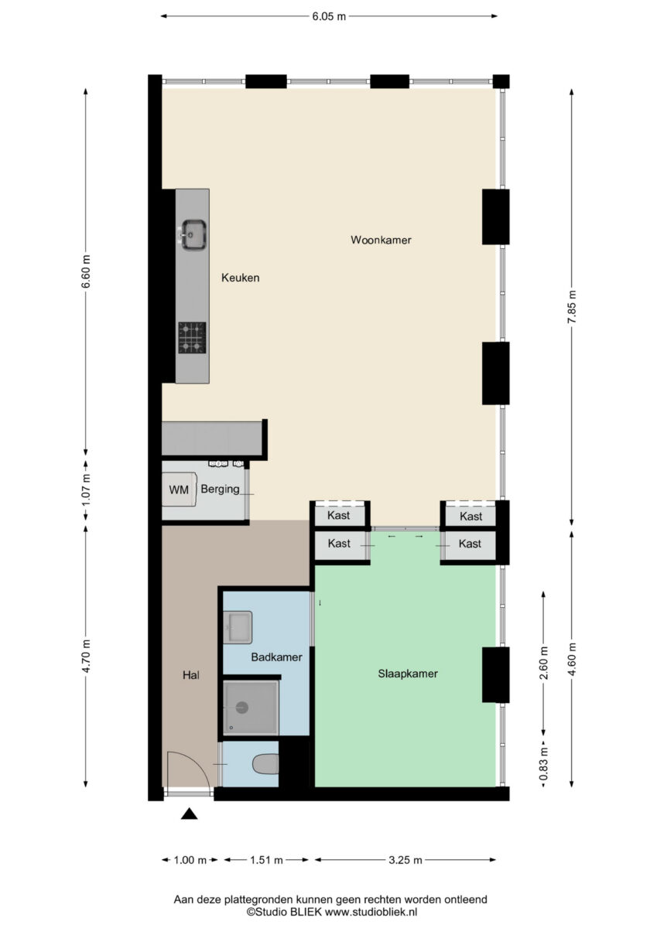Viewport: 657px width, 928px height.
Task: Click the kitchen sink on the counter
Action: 193,234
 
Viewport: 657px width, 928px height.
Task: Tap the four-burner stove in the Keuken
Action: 192,337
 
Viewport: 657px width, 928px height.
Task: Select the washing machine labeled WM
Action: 180,490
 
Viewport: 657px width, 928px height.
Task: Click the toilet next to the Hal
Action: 265,764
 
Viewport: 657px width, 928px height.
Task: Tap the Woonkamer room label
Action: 381,240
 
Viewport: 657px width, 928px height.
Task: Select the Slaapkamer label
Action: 408,674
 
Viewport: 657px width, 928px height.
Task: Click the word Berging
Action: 220,490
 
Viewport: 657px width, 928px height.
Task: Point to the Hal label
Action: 191,675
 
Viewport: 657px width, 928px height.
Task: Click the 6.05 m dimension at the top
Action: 329,16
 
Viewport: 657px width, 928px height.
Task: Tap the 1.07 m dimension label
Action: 86,490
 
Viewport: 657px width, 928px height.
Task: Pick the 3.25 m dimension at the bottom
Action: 405,860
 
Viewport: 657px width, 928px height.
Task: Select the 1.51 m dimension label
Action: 266,860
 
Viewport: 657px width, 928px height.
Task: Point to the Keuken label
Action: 241,278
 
